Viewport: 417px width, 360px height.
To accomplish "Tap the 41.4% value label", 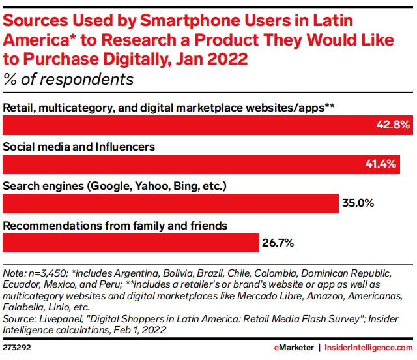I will click(381, 164).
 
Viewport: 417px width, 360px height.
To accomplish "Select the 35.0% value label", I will click(358, 203).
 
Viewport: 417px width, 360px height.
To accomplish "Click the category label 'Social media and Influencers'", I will click(79, 147).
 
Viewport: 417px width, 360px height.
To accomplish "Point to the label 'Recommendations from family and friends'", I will click(115, 226).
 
